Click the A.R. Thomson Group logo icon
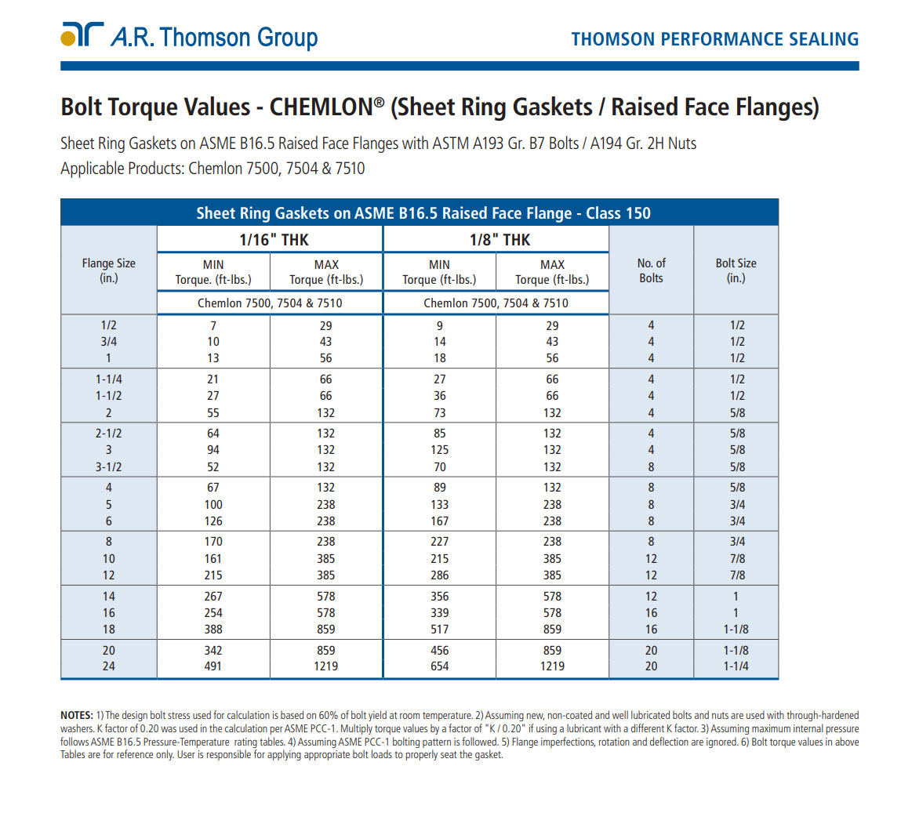click(x=82, y=34)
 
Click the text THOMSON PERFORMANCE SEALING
click(x=714, y=39)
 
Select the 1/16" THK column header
click(x=274, y=240)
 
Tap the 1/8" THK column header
click(x=500, y=240)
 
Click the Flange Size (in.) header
click(x=108, y=270)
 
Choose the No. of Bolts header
click(x=651, y=270)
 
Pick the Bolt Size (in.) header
click(x=736, y=270)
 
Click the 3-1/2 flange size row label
click(x=108, y=466)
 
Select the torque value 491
click(x=213, y=666)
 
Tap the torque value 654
click(x=439, y=666)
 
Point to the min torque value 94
click(x=213, y=450)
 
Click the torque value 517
click(x=439, y=629)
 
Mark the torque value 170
click(x=213, y=542)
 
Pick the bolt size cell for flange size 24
click(x=736, y=666)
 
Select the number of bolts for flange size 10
click(x=651, y=559)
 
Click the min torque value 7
click(x=213, y=325)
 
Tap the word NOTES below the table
click(x=77, y=715)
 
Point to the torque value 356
click(x=439, y=597)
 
